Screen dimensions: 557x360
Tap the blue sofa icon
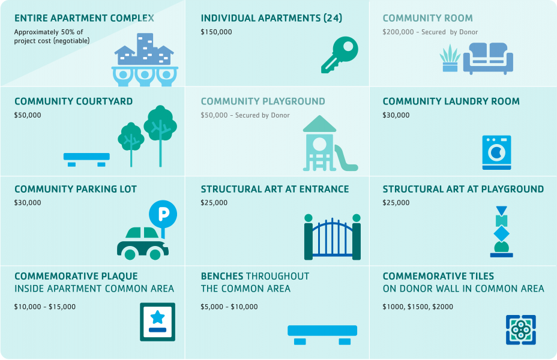coord(488,59)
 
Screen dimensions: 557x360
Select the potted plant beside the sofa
coord(450,58)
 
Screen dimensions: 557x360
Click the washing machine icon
coord(496,152)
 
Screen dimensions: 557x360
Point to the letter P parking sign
coord(163,215)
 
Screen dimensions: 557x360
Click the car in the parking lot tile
coord(143,244)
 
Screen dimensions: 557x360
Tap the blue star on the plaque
coord(157,317)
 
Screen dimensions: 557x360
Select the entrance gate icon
coord(333,237)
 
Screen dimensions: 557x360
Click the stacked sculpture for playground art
coord(501,232)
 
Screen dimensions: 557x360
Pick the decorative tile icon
coord(521,330)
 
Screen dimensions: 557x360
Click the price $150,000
coord(216,32)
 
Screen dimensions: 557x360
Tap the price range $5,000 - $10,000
coord(229,307)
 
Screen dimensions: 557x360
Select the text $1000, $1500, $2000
coord(418,307)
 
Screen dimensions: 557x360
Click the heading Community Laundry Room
coord(451,101)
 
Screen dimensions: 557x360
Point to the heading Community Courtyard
coord(74,101)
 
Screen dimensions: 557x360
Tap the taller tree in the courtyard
coord(160,136)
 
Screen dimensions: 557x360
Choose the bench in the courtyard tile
coord(86,160)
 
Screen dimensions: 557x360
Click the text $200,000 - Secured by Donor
coord(430,32)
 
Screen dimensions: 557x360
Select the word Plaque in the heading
coord(119,276)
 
